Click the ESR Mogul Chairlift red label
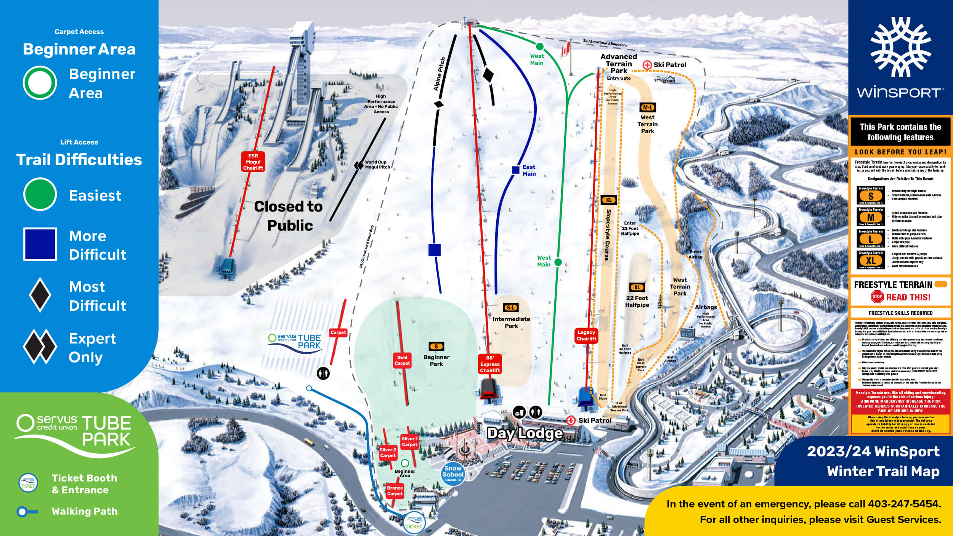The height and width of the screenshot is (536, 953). pos(253,162)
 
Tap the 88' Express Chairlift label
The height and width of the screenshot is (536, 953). pos(490,364)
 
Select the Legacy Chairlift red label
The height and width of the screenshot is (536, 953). pos(586,335)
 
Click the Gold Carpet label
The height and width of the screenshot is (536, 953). pos(402,360)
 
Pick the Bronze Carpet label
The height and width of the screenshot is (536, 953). pos(395,491)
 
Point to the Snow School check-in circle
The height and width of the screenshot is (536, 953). pos(453,474)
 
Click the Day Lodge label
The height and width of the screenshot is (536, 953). pos(525,433)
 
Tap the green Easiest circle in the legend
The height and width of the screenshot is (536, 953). pos(40,194)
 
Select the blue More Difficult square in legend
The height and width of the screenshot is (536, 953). pos(40,244)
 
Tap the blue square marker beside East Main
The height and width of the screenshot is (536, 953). pos(515,170)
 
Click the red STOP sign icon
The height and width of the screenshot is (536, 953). pos(877,297)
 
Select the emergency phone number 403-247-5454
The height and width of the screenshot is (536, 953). pos(904,504)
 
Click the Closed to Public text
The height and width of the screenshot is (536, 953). pos(289,216)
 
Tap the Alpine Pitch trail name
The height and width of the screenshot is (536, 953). pos(440,74)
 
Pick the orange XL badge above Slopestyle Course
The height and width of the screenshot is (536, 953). pos(609,200)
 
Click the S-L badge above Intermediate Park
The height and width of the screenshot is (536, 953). pos(511,308)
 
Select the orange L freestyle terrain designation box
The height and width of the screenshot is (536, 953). pos(871,239)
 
